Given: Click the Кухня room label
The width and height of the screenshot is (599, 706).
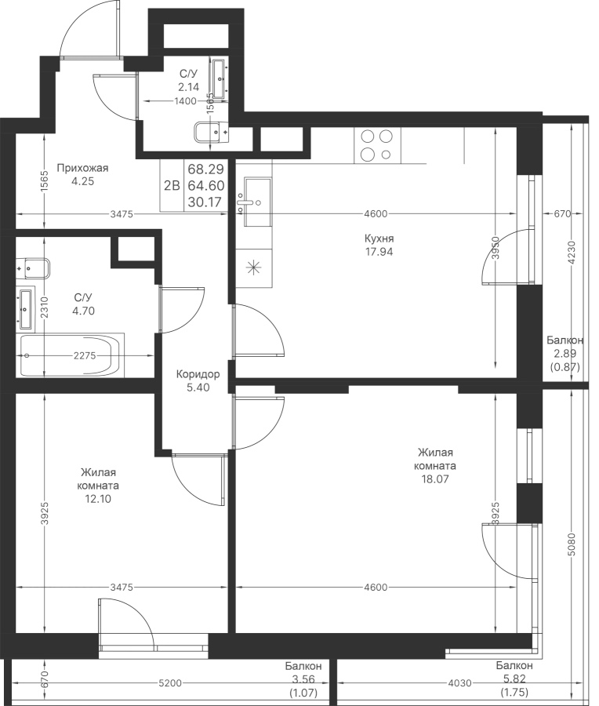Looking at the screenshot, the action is click(379, 238).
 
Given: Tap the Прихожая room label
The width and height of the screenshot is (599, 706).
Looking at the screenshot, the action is click(83, 169).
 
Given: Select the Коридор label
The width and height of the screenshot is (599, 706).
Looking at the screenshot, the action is click(198, 374).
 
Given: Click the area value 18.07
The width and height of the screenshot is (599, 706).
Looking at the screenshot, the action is click(434, 479).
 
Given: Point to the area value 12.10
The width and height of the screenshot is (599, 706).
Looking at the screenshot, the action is click(98, 499).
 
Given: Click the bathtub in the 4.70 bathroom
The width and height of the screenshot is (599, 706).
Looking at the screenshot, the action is click(71, 355).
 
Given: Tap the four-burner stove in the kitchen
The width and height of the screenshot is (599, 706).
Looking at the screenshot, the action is click(377, 145).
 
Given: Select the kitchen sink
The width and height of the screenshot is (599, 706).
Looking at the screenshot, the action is click(257, 202).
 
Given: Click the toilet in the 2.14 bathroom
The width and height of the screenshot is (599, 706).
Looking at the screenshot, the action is click(211, 133).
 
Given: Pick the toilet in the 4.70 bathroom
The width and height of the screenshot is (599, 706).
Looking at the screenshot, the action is click(33, 269).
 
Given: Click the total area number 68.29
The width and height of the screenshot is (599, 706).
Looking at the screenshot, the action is click(205, 169).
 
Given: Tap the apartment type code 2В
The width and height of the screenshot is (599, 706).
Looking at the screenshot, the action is click(172, 185).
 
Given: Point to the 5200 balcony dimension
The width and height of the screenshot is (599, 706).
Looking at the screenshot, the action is click(170, 683).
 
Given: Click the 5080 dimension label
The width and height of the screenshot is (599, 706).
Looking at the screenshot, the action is click(572, 545).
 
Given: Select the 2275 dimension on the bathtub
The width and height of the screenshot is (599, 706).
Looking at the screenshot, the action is click(85, 355).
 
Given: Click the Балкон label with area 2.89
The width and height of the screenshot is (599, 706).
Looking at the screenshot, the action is click(565, 340).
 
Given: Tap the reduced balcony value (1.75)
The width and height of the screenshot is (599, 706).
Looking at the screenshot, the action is click(514, 692).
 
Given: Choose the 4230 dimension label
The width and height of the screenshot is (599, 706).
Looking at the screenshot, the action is click(572, 253).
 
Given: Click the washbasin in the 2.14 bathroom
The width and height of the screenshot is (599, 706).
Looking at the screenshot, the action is click(220, 78).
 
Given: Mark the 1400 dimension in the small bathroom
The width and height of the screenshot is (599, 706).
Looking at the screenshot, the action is click(185, 101).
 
